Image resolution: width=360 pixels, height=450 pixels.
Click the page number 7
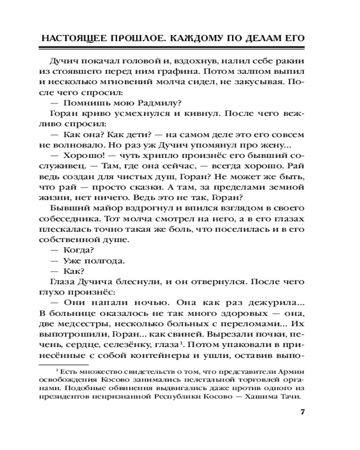(x=302, y=412)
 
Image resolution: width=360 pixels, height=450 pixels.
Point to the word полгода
(x=107, y=261)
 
